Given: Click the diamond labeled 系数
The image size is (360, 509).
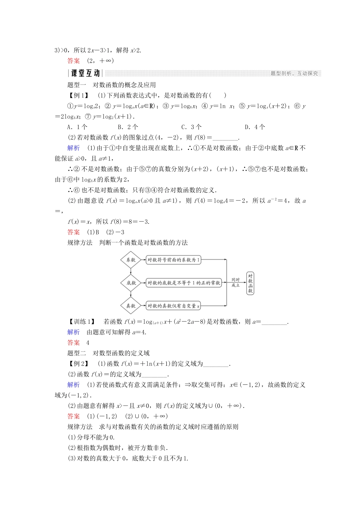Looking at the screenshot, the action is [x=131, y=260].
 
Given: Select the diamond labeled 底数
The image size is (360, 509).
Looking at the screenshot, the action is [x=131, y=283].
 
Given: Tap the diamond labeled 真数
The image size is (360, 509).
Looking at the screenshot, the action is [x=131, y=306].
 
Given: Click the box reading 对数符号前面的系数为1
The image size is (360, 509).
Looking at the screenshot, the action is [x=173, y=260].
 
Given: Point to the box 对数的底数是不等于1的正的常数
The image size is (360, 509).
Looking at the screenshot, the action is [x=184, y=283].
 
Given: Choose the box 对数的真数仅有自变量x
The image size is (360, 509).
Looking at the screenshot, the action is [x=173, y=306].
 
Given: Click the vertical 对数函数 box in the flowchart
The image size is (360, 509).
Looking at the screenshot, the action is [x=250, y=283].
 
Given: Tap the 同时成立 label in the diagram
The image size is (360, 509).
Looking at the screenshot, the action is [x=236, y=283].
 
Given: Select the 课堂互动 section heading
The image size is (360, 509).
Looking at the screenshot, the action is [x=85, y=73].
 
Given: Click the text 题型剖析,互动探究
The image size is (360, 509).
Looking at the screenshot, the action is [x=294, y=73].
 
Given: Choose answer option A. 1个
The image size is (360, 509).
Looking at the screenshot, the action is [x=77, y=127].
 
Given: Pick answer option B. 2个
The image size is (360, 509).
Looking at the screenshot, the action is [x=128, y=127].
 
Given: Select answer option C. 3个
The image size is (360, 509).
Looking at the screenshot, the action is [x=191, y=127].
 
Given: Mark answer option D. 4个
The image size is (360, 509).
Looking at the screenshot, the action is [x=255, y=127].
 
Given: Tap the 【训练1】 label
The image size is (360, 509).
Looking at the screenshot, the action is [x=81, y=322].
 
